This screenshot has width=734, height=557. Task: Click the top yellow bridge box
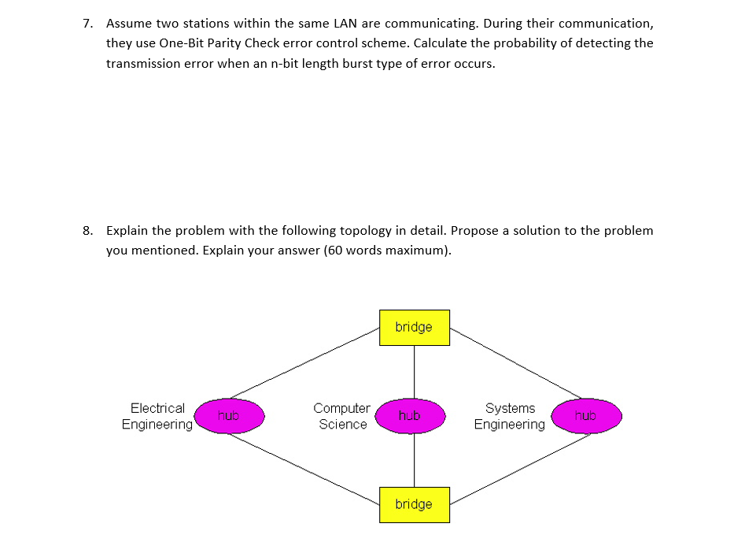415,327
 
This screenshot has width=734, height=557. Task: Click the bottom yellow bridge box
415,504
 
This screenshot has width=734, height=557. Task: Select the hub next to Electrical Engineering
229,415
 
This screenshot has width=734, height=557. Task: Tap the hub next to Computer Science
410,415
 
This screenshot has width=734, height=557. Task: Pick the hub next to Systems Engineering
586,415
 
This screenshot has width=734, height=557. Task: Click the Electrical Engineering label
157,416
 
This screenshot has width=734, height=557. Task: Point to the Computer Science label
341,416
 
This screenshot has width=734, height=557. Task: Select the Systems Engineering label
510,416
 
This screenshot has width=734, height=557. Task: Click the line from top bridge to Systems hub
515,363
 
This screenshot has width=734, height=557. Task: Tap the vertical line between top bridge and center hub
415,370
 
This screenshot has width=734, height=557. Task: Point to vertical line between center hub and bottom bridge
415,461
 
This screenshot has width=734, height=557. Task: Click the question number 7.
88,23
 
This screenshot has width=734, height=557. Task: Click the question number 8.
88,231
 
